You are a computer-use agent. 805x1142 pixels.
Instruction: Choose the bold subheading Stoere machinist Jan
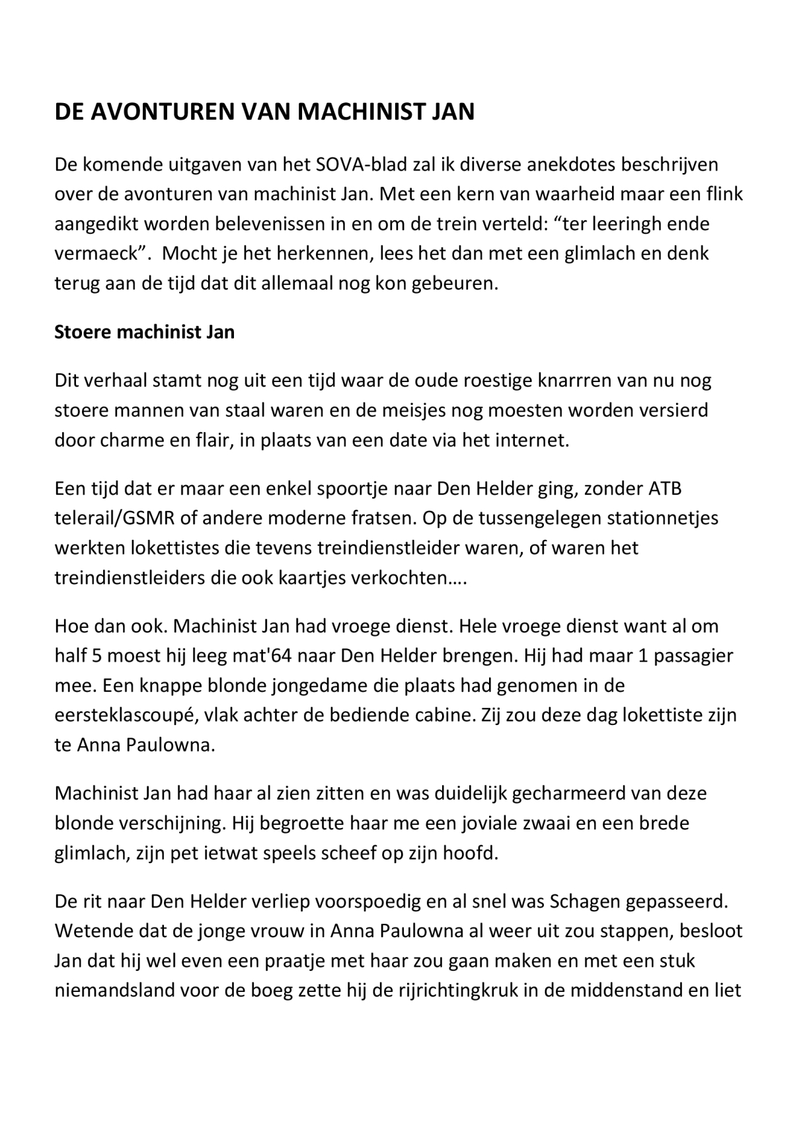point(144,331)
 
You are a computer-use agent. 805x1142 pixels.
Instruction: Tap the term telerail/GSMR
point(115,519)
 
